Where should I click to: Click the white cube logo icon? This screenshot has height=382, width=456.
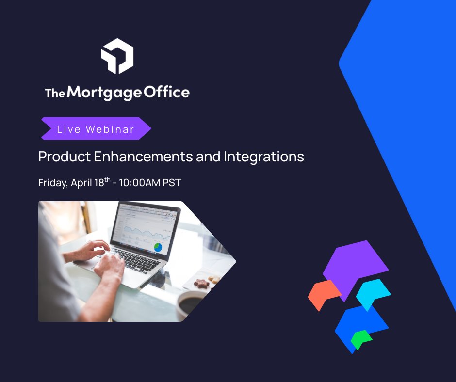(x=117, y=56)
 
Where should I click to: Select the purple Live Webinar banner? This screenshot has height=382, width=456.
(x=96, y=129)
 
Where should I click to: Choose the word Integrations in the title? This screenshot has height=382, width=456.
(x=263, y=157)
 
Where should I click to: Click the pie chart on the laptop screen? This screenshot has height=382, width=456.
(x=158, y=247)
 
